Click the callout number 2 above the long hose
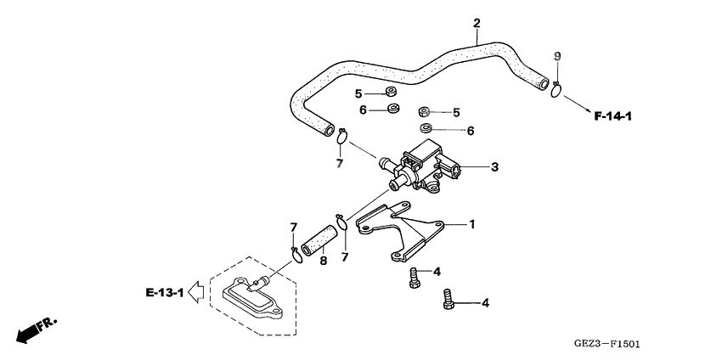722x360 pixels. click(477, 22)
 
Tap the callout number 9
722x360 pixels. click(556, 56)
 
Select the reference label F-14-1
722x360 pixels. click(613, 115)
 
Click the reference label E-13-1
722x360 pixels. click(164, 293)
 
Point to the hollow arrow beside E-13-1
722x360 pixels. click(195, 293)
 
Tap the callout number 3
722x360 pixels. click(494, 167)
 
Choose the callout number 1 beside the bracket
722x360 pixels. click(473, 224)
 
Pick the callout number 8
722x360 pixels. click(323, 262)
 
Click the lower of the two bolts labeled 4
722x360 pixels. click(448, 300)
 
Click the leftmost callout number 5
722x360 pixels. click(358, 93)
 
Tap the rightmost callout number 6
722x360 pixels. click(470, 131)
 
